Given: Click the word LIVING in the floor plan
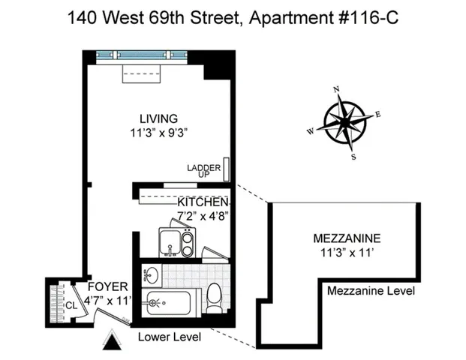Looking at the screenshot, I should point(158,118).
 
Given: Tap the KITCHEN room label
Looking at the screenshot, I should point(203,202).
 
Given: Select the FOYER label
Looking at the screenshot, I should point(107,287).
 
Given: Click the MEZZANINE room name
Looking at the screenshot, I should point(346,238).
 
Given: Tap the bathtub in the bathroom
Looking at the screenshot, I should point(173,304).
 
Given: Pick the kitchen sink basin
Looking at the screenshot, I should point(168,241).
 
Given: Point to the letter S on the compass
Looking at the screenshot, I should point(354,157).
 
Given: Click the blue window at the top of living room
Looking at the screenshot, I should point(143,55).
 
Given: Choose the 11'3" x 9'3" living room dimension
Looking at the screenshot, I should point(158,133).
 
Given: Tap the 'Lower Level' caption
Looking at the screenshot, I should point(170,337).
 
